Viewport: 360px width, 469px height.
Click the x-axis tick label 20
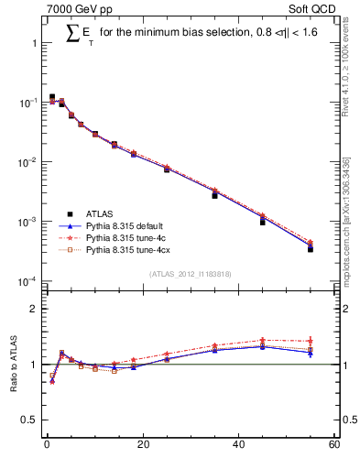tap(142, 446)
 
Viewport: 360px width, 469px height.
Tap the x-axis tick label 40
tap(238, 446)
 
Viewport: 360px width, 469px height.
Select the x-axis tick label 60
tap(333, 446)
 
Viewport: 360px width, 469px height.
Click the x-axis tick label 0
tap(47, 446)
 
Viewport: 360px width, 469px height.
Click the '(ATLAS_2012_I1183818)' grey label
tap(190, 273)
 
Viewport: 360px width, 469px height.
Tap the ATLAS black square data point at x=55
tap(311, 248)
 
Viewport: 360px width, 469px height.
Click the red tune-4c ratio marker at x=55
tap(311, 341)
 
